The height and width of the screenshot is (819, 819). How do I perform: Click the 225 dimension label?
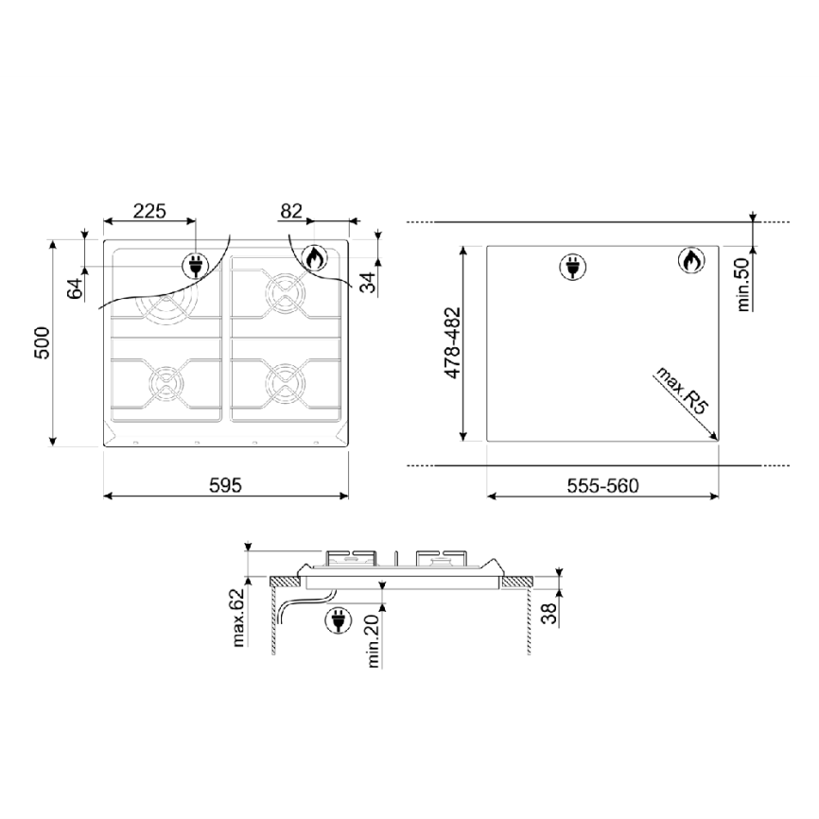(149, 211)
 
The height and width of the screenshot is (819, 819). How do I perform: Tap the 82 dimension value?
(291, 211)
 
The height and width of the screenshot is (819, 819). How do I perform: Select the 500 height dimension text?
(42, 343)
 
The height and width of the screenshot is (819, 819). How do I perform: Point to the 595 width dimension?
(226, 486)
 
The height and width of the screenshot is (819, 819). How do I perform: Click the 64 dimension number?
(76, 288)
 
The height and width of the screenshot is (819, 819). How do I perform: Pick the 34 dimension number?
(369, 283)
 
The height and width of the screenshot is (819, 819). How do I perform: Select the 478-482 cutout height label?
(452, 342)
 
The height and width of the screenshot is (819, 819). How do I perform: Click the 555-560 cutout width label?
(602, 486)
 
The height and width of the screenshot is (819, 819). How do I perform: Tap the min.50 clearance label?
(742, 285)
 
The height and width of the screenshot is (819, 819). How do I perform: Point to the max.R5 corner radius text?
(681, 391)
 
